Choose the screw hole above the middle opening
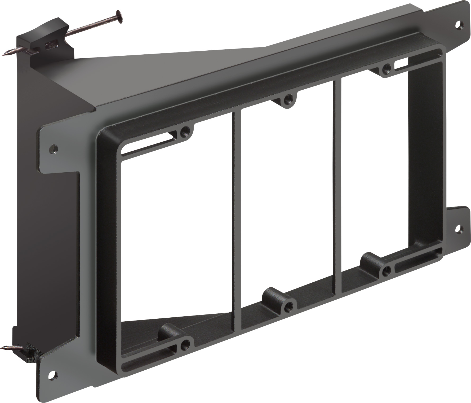(x=287, y=100)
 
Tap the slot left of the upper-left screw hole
(x=148, y=144)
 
